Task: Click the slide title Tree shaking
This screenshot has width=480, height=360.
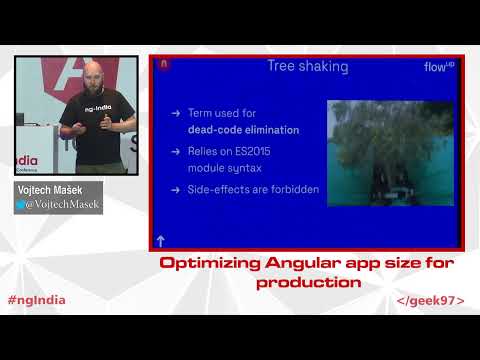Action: (x=307, y=67)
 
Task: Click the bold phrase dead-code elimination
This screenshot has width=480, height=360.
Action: (x=243, y=130)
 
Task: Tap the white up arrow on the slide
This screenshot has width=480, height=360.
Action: (x=160, y=240)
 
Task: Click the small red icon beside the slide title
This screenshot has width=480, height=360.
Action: (x=164, y=65)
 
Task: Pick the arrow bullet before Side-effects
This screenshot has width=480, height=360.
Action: (x=176, y=189)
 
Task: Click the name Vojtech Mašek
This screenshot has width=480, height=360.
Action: (x=48, y=188)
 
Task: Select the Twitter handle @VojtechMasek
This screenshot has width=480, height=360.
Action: (x=63, y=203)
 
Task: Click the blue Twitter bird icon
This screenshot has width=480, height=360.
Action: (x=20, y=203)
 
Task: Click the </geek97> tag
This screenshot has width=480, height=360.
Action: (x=430, y=300)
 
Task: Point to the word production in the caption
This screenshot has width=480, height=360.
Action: (x=308, y=282)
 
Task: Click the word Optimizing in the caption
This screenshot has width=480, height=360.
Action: (x=211, y=264)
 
